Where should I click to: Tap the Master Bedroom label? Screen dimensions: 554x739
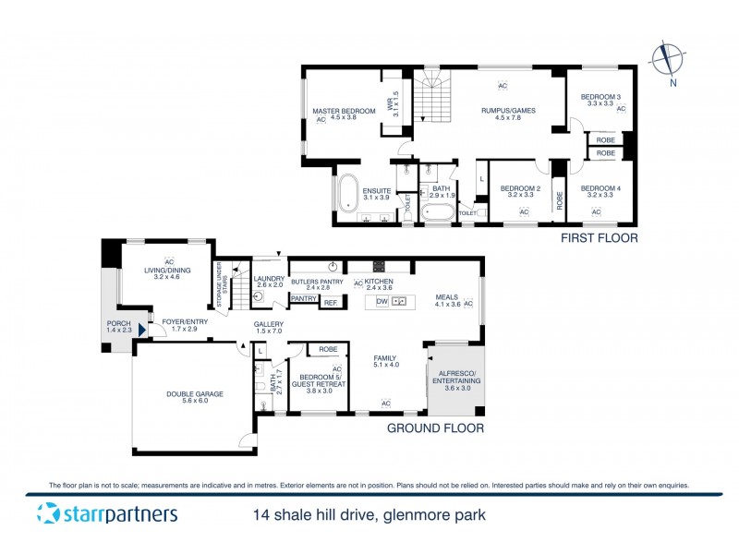[x=336, y=112]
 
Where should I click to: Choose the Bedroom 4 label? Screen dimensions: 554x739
[x=600, y=192]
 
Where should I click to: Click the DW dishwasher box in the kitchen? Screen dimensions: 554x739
[x=382, y=302]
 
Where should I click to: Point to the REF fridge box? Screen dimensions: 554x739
[x=330, y=302]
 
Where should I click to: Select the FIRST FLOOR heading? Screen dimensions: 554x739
[x=600, y=238]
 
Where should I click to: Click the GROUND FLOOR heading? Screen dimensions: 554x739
[x=434, y=428]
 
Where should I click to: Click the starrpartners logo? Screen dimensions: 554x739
[x=107, y=514]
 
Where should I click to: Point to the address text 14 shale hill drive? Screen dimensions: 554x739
[x=369, y=514]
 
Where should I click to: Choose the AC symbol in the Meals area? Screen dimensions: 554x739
[x=468, y=304]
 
